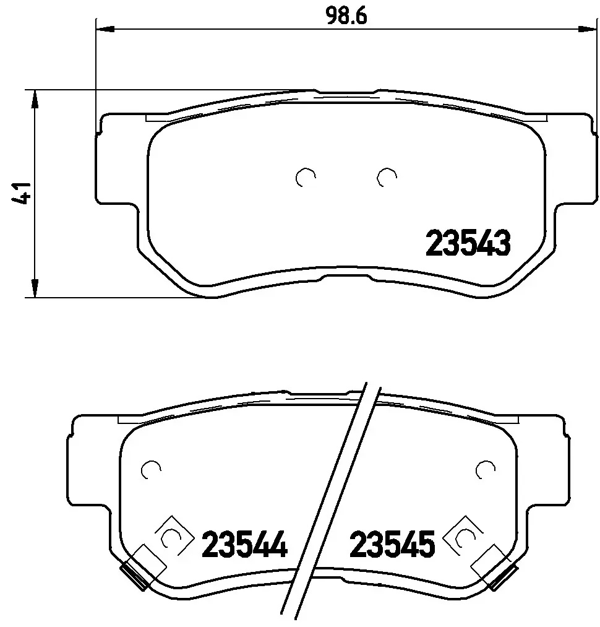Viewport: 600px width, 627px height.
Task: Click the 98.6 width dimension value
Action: click(346, 17)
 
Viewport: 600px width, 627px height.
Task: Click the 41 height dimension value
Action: click(22, 194)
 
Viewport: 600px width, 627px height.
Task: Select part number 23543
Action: click(468, 243)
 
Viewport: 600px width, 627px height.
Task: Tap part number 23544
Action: click(244, 544)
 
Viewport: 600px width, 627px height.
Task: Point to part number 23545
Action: click(392, 544)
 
